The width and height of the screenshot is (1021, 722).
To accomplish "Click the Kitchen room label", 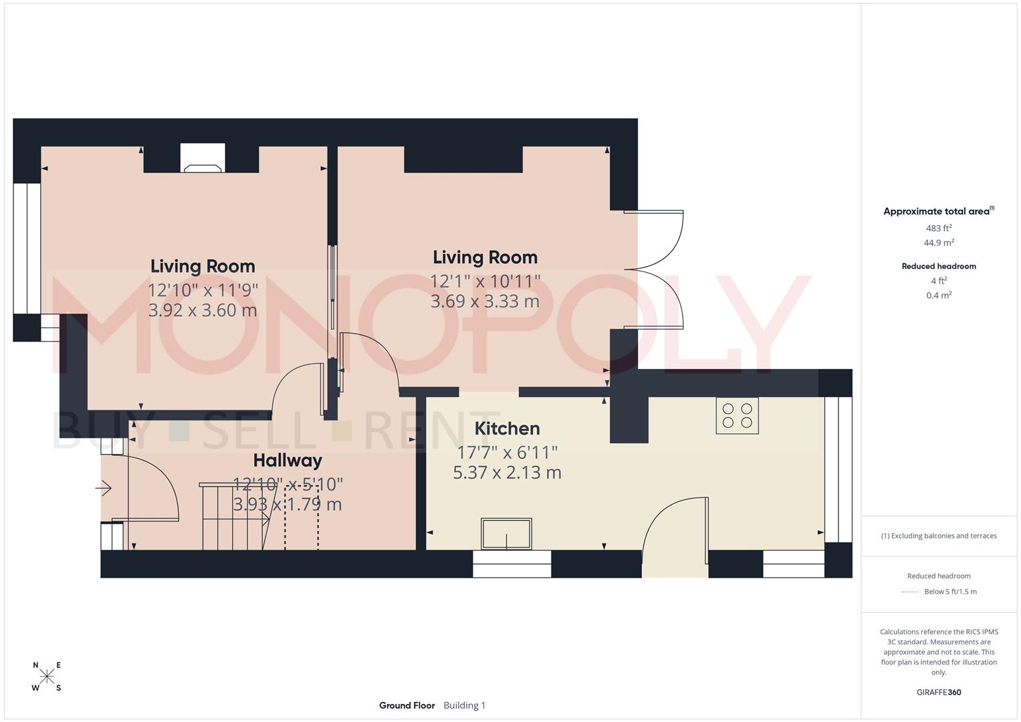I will pyautogui.click(x=507, y=429).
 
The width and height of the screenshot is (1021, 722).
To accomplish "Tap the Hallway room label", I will pyautogui.click(x=288, y=461).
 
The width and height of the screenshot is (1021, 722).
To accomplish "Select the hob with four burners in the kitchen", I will pyautogui.click(x=737, y=415).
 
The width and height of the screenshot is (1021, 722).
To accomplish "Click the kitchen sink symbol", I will pyautogui.click(x=506, y=533).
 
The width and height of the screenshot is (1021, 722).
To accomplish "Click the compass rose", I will pyautogui.click(x=47, y=677).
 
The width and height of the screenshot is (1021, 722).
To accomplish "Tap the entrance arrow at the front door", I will pyautogui.click(x=104, y=489).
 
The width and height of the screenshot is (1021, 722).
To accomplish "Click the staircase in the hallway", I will pyautogui.click(x=234, y=516).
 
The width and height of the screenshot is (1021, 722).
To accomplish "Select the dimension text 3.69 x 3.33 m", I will pyautogui.click(x=485, y=302).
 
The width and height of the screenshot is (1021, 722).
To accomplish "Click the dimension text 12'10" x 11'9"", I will pyautogui.click(x=203, y=290).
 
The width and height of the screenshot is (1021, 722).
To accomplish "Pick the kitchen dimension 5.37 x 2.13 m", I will pyautogui.click(x=507, y=473).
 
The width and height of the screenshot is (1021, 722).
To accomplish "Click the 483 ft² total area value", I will pyautogui.click(x=939, y=228).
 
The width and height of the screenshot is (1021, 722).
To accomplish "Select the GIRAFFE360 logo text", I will pyautogui.click(x=939, y=692).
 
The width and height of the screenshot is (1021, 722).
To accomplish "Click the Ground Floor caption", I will pyautogui.click(x=407, y=705).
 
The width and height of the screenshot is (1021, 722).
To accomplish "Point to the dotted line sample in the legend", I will pyautogui.click(x=910, y=592).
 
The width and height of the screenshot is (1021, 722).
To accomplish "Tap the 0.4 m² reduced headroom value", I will pyautogui.click(x=939, y=295).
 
